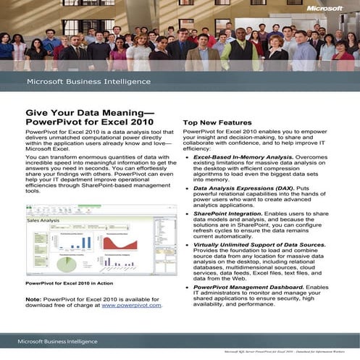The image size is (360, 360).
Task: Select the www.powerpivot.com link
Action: [131, 306]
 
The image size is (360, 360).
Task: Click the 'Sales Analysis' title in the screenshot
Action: [43, 220]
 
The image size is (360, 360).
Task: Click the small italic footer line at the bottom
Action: [287, 353]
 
